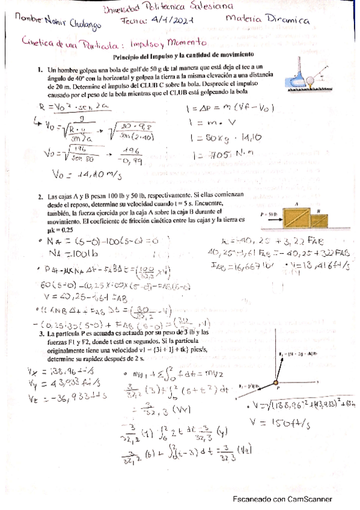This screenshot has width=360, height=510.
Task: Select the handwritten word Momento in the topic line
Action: [x=187, y=43]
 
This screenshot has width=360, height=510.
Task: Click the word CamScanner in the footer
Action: [x=309, y=499]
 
